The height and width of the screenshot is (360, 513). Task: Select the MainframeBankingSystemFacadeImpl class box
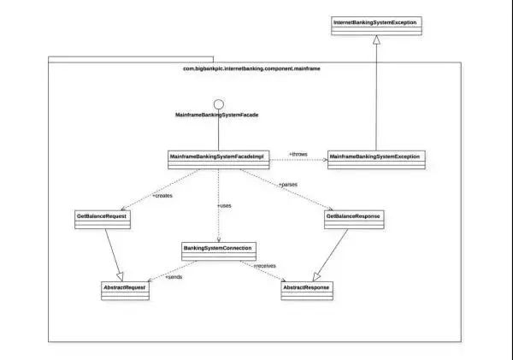pos(218,158)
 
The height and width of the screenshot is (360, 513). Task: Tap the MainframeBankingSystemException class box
pos(375,158)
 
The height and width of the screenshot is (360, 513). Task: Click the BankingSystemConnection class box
pos(218,251)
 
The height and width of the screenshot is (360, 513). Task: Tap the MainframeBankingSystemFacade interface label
pos(217,115)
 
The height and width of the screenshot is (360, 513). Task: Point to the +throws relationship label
pos(298,154)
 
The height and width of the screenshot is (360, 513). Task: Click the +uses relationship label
pos(225,205)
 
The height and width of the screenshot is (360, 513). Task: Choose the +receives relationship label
pos(265,266)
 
